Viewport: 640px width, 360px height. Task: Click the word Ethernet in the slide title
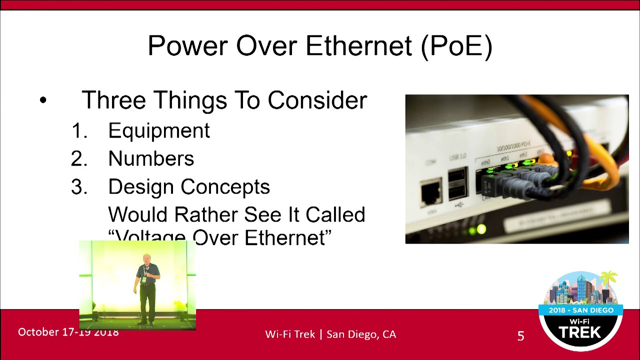[359, 46]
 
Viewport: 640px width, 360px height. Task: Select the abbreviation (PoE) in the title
[456, 46]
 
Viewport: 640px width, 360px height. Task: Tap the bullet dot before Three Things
[43, 100]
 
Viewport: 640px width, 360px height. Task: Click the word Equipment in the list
[159, 130]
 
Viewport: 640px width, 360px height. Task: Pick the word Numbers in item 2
[151, 158]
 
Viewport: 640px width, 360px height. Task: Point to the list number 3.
[78, 187]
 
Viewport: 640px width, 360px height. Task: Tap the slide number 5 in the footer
[520, 336]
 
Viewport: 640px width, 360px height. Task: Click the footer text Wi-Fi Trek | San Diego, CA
[330, 334]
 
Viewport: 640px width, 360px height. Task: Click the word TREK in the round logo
[580, 332]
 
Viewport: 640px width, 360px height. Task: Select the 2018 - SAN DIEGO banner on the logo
[580, 310]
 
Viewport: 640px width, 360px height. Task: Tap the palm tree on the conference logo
[609, 280]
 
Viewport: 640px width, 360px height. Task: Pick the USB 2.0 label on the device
[457, 157]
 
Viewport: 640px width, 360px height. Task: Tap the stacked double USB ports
[458, 184]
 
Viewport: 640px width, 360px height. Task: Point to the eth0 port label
[485, 163]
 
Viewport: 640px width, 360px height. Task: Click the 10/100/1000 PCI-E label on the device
[513, 146]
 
